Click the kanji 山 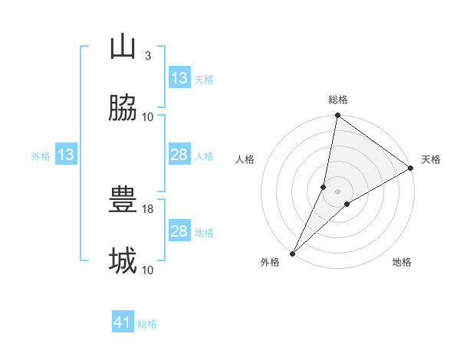click(123, 47)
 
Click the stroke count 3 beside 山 click(147, 56)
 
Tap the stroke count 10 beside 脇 click(148, 117)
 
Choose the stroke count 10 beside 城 click(148, 270)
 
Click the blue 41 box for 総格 click(123, 323)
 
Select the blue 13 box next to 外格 click(66, 155)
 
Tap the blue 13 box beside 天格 click(179, 78)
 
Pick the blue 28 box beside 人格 click(179, 155)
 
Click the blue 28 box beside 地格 click(179, 231)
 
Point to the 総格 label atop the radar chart click(338, 100)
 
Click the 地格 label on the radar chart click(402, 262)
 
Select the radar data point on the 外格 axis click(293, 253)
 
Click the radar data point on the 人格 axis click(324, 187)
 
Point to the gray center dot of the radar click(338, 191)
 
